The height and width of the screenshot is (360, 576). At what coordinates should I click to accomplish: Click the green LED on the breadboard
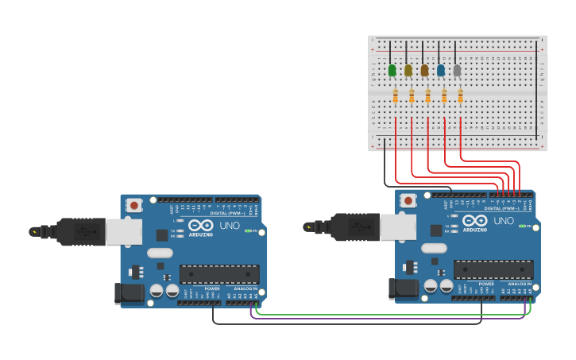[392, 71]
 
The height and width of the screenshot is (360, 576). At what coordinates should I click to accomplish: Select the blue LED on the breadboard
[441, 71]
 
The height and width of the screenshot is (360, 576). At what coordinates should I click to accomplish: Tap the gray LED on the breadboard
[457, 71]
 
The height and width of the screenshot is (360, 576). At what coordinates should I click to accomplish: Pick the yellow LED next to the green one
[408, 71]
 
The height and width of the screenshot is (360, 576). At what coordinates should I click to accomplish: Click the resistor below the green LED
[396, 96]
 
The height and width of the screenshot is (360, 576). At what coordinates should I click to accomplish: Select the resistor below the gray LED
[460, 96]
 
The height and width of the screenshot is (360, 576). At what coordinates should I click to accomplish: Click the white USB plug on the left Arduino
[123, 231]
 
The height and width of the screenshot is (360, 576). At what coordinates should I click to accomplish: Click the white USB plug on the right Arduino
[397, 226]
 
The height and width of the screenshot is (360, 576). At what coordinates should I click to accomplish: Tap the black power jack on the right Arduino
[402, 288]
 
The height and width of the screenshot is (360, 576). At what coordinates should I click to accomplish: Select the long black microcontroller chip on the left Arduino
[218, 274]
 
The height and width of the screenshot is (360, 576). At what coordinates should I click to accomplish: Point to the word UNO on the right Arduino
[503, 221]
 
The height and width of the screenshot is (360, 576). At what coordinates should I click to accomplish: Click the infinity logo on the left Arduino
[200, 226]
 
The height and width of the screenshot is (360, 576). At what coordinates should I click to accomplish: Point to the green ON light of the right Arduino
[529, 226]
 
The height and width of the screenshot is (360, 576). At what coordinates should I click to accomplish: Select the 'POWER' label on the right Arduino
[486, 284]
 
